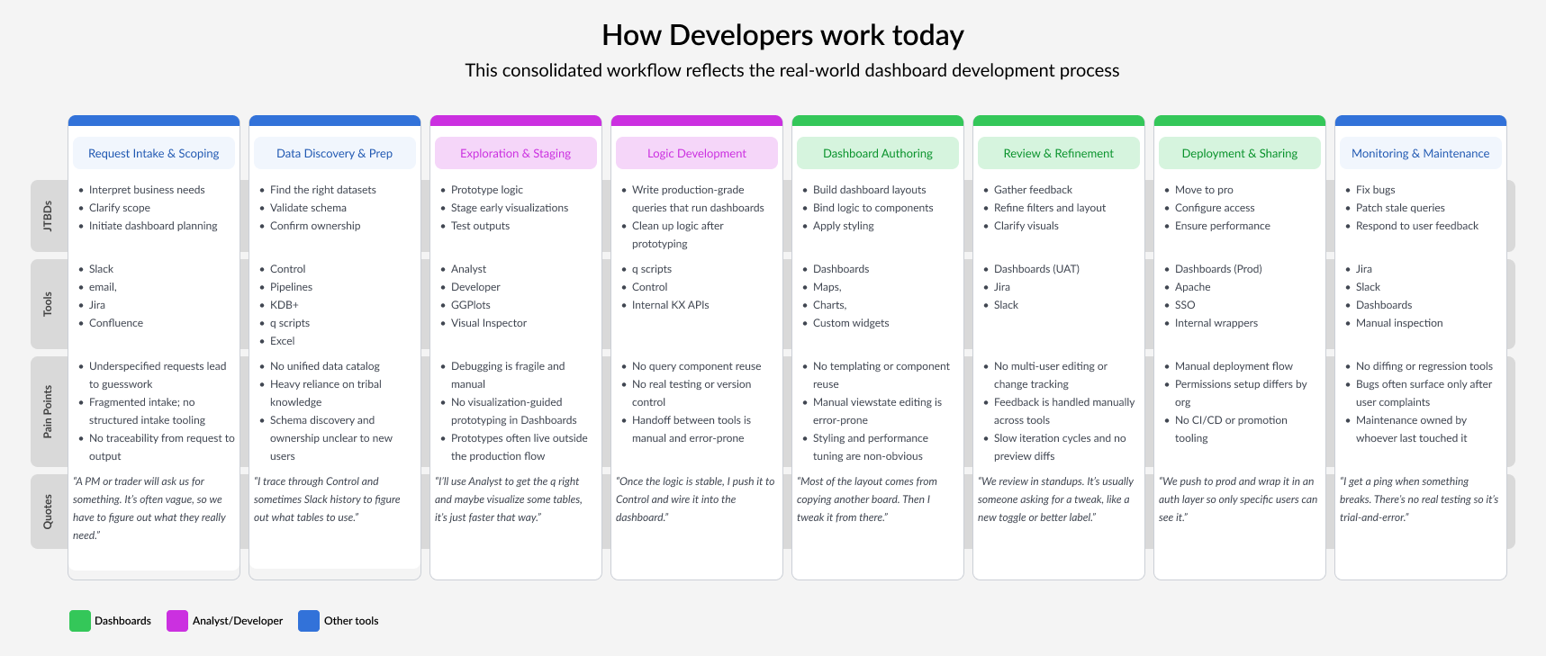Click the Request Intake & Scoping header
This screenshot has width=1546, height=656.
click(x=154, y=153)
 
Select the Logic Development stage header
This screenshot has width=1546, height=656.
click(x=696, y=153)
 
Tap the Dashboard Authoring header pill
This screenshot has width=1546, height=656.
click(x=878, y=153)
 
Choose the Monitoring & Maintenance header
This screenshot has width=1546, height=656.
click(x=1420, y=153)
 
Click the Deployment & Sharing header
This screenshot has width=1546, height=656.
click(x=1239, y=153)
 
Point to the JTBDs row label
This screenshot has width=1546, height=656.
click(x=48, y=217)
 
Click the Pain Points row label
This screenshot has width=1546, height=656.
click(x=48, y=412)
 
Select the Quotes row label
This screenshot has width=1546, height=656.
click(x=48, y=511)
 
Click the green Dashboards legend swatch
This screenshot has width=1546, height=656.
click(x=80, y=621)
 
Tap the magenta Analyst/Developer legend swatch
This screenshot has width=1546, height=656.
click(x=177, y=621)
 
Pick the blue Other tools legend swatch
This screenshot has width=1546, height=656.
click(x=309, y=621)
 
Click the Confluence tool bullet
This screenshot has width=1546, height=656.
click(x=116, y=323)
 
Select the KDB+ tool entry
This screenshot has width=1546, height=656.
click(x=284, y=305)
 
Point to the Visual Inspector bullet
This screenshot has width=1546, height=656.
click(x=489, y=323)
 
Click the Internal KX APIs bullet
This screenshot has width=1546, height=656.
click(x=670, y=305)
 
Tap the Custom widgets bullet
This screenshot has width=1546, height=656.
click(x=851, y=323)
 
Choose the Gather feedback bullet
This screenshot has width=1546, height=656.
click(x=1033, y=190)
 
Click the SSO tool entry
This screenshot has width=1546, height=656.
click(x=1185, y=305)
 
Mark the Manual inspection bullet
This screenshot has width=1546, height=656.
click(x=1399, y=323)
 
